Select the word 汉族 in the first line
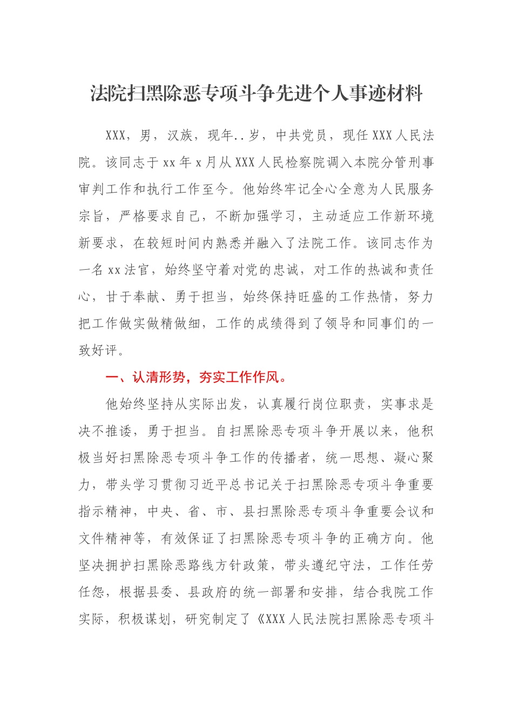tap(180, 135)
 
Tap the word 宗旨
tap(92, 216)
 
